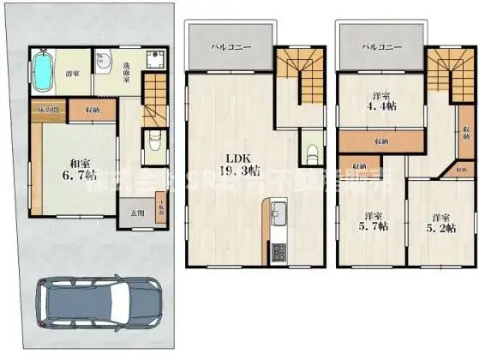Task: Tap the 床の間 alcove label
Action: tap(46, 110)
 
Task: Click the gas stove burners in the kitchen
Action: tap(278, 254)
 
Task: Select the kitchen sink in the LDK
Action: tap(278, 214)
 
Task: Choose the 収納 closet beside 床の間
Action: tap(90, 110)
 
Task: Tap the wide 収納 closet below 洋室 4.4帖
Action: tap(380, 139)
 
